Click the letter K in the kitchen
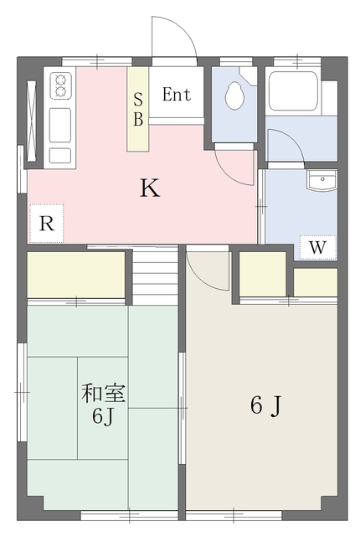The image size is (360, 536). point(149,188)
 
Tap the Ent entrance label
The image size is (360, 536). point(177,95)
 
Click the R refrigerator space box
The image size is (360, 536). point(47,224)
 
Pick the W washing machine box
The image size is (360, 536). point(318,248)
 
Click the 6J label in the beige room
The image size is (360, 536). point(265,406)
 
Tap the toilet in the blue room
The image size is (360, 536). point(234,96)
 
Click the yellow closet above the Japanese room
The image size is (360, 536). point(77,274)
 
